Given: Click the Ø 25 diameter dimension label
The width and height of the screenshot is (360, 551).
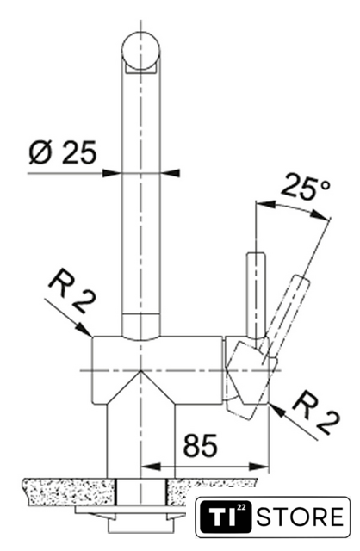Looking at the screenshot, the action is (x=63, y=153).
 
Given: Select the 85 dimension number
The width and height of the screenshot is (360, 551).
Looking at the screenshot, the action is (x=201, y=445).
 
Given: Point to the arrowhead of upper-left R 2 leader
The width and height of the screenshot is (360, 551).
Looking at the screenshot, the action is (x=85, y=330).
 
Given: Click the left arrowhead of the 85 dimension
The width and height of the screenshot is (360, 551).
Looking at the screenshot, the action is (x=150, y=467).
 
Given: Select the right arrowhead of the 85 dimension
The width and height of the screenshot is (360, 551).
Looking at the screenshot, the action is (x=259, y=467).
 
